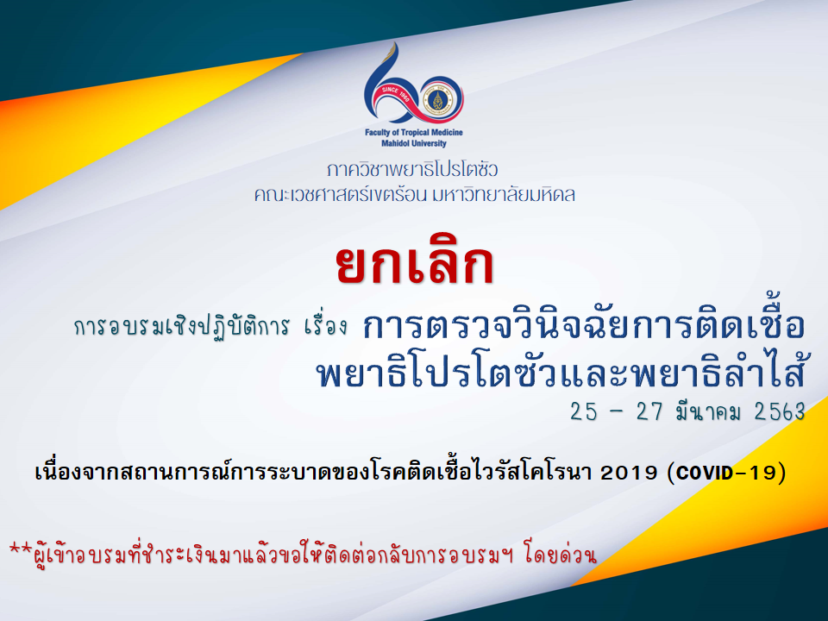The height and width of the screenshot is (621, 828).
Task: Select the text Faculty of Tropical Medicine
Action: [x=413, y=132]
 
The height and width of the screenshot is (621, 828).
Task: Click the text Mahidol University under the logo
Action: [x=413, y=143]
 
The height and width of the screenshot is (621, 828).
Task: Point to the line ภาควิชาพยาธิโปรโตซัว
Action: [x=412, y=170]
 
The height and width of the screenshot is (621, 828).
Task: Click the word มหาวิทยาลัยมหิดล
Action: [x=503, y=195]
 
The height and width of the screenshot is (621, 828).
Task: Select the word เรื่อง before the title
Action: [x=326, y=326]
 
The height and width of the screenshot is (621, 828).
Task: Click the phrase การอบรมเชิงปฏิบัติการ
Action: [x=182, y=327]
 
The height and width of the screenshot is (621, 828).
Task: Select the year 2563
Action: [x=780, y=412]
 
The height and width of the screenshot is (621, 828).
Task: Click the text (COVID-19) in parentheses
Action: [x=726, y=472]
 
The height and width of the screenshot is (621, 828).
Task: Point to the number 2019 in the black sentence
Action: [x=629, y=473]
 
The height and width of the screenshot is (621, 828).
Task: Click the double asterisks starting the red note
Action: [x=21, y=549]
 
